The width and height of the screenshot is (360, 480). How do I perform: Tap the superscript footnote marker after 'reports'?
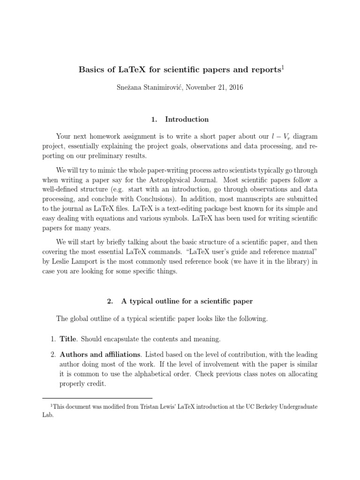(282, 67)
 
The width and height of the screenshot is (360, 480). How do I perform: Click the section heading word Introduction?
(187, 119)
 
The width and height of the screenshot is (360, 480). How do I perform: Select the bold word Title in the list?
(68, 338)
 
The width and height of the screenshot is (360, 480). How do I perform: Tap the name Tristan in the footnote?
(145, 407)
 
